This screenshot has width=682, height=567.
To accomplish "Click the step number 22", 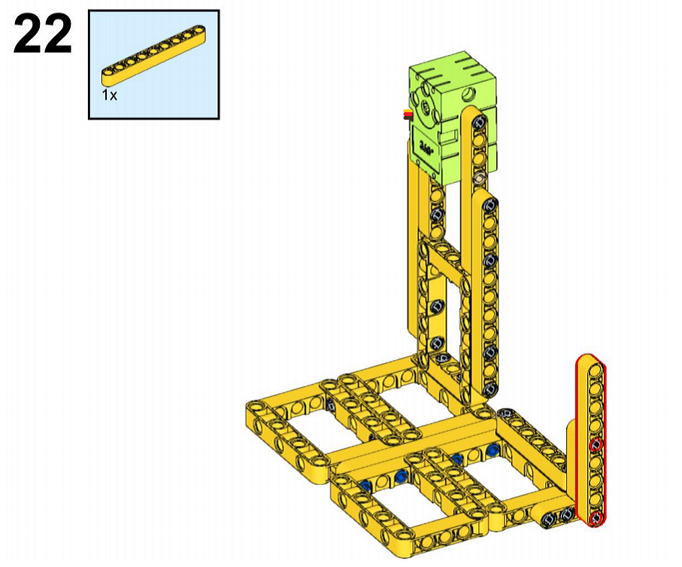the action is click(43, 34).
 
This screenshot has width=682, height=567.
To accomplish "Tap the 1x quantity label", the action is click(110, 95).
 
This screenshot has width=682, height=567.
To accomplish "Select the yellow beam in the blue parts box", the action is click(153, 55).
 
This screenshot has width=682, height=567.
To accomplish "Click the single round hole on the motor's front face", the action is click(469, 93).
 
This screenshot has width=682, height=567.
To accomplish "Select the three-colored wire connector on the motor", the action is click(408, 114).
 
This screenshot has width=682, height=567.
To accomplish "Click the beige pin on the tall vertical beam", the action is click(480, 178).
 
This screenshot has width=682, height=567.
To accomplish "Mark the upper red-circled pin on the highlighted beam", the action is click(596, 444).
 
